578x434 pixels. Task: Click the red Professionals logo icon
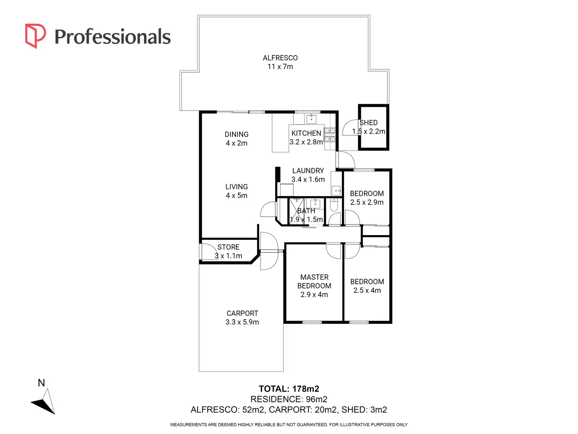[35, 36]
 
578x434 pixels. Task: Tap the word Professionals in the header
[112, 37]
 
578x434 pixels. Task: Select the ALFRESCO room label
[280, 58]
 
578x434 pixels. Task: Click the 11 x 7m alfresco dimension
[280, 67]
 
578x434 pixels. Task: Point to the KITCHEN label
[306, 133]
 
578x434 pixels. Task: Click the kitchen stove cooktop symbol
[329, 134]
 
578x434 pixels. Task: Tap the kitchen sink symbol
[311, 119]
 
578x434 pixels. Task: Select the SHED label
[369, 123]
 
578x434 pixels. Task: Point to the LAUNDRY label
[308, 171]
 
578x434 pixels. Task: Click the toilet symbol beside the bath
[334, 204]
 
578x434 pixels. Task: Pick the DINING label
[236, 134]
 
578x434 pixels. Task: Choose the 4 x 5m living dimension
[236, 196]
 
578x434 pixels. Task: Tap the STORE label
[228, 247]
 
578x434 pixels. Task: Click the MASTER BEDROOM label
[314, 281]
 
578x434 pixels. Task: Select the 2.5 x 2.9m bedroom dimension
[367, 202]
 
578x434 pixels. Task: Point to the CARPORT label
[242, 313]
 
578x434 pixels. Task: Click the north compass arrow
[44, 402]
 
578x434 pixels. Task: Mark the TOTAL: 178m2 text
[289, 389]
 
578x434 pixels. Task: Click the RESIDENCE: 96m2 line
[289, 399]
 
